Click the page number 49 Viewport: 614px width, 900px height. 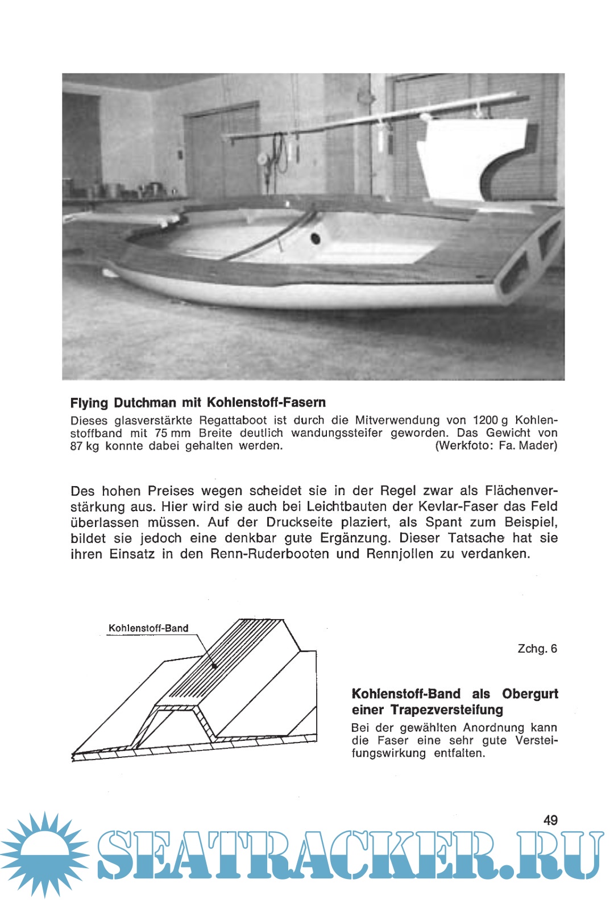click(550, 820)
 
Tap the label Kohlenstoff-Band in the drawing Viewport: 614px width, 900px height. click(148, 628)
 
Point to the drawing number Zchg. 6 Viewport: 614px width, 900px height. click(537, 649)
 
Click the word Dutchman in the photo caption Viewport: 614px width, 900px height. click(145, 403)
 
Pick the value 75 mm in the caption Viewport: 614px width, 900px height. click(172, 433)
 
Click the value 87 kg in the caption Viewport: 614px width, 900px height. click(84, 446)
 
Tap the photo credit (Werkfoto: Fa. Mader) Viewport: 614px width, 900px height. click(496, 445)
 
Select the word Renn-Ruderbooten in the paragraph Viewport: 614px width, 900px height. click(269, 554)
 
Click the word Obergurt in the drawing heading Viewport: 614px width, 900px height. click(530, 694)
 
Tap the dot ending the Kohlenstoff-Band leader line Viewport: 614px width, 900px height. click(215, 665)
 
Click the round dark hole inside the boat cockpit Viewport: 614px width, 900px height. click(315, 238)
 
